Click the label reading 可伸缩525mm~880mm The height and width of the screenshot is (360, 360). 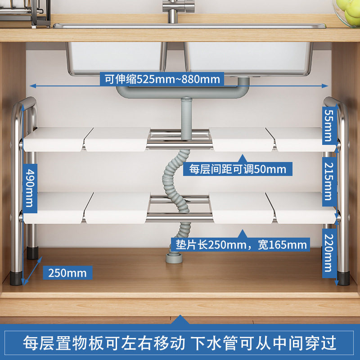[x=162, y=80]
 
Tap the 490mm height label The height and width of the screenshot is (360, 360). [x=28, y=185]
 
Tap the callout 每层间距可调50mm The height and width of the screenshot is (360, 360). [x=238, y=169]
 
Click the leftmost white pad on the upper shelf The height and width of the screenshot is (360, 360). [x=53, y=139]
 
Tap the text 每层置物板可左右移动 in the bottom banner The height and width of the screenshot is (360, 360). [x=104, y=343]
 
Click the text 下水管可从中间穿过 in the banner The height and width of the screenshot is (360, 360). [x=264, y=343]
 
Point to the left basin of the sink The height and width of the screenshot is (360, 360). [x=115, y=56]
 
